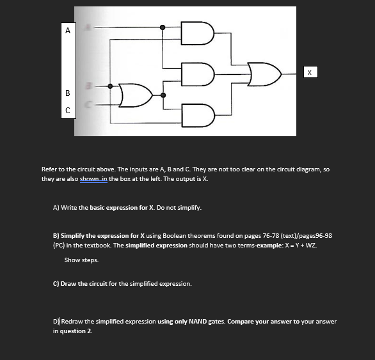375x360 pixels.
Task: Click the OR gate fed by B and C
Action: pos(136,95)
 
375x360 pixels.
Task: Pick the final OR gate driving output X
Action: pos(264,74)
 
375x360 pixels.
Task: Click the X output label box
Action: pos(310,72)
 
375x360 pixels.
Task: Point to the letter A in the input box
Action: pos(68,31)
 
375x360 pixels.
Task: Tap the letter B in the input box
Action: pos(68,93)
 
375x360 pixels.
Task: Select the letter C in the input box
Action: pos(68,111)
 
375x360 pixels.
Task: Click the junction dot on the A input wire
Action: pos(163,27)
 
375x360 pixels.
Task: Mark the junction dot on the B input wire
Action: pos(110,86)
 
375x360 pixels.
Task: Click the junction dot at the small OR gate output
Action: pos(163,95)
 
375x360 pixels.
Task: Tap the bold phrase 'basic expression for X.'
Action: pos(122,207)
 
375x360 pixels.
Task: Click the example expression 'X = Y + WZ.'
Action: pos(301,246)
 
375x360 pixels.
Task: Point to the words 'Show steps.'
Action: pos(81,260)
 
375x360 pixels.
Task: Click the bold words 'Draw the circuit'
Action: pos(84,283)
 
